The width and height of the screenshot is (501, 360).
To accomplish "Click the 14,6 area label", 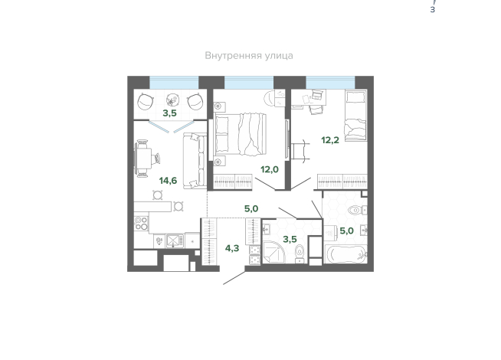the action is point(168,181).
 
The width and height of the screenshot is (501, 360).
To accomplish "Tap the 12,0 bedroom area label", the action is point(270,169).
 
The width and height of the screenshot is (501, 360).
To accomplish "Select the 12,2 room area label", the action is point(330,140).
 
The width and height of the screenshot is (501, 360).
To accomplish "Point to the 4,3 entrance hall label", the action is point(232,248).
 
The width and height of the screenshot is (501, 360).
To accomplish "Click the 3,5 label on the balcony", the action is point(169,113).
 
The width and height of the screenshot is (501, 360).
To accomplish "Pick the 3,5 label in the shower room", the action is point(290,239).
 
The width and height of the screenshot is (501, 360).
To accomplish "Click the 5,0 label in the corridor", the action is point(251,208).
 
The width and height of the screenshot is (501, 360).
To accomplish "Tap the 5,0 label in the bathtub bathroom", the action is point(346,231).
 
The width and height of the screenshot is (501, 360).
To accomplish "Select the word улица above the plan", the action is point(279,56).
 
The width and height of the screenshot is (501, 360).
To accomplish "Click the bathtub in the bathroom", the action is point(346,254).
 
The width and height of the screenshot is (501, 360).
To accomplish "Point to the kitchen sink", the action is point(174,241).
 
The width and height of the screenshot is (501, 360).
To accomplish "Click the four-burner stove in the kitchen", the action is point(141,223).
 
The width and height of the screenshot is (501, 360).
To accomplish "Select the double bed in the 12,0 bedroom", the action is point(240,134).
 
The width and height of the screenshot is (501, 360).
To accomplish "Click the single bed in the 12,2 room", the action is point(355,115).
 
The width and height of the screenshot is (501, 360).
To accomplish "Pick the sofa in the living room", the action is point(195,161).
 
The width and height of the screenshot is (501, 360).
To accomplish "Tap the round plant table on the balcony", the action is point(172,100).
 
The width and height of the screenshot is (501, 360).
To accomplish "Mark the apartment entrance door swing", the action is point(234,277).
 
